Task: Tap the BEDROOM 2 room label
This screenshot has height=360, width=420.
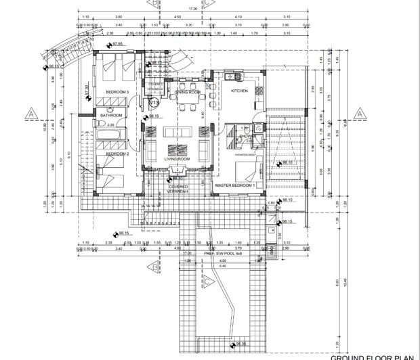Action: coord(117,154)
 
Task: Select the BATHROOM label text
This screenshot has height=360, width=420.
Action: coord(111,116)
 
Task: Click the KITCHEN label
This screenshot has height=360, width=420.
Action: coord(240,90)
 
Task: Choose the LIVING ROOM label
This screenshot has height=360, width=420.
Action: coord(178,160)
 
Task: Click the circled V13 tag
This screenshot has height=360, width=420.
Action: coord(154,103)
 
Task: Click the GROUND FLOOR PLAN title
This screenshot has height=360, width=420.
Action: coord(373,355)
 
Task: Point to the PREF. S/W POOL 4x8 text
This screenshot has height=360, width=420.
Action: coord(223,254)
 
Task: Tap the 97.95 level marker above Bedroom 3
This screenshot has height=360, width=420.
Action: coord(118,44)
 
